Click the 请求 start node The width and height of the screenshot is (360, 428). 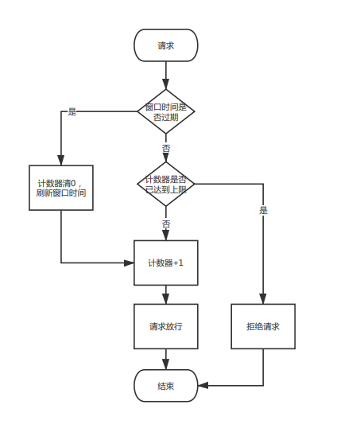[x=166, y=45]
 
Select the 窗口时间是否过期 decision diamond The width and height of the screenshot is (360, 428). [x=166, y=111]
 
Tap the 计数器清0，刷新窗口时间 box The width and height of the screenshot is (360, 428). [x=61, y=188]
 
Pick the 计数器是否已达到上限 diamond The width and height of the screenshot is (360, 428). [x=166, y=184]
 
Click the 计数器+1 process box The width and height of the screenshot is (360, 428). [x=166, y=263]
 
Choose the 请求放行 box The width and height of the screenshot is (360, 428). [x=166, y=326]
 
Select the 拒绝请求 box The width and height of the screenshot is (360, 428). [x=263, y=326]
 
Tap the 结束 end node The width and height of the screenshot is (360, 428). [x=166, y=386]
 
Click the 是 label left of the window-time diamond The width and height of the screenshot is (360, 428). [x=72, y=111]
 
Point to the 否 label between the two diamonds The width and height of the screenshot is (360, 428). [x=166, y=149]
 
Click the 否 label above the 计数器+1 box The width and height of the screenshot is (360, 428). [x=166, y=224]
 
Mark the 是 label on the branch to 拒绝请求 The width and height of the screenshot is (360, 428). [x=263, y=211]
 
